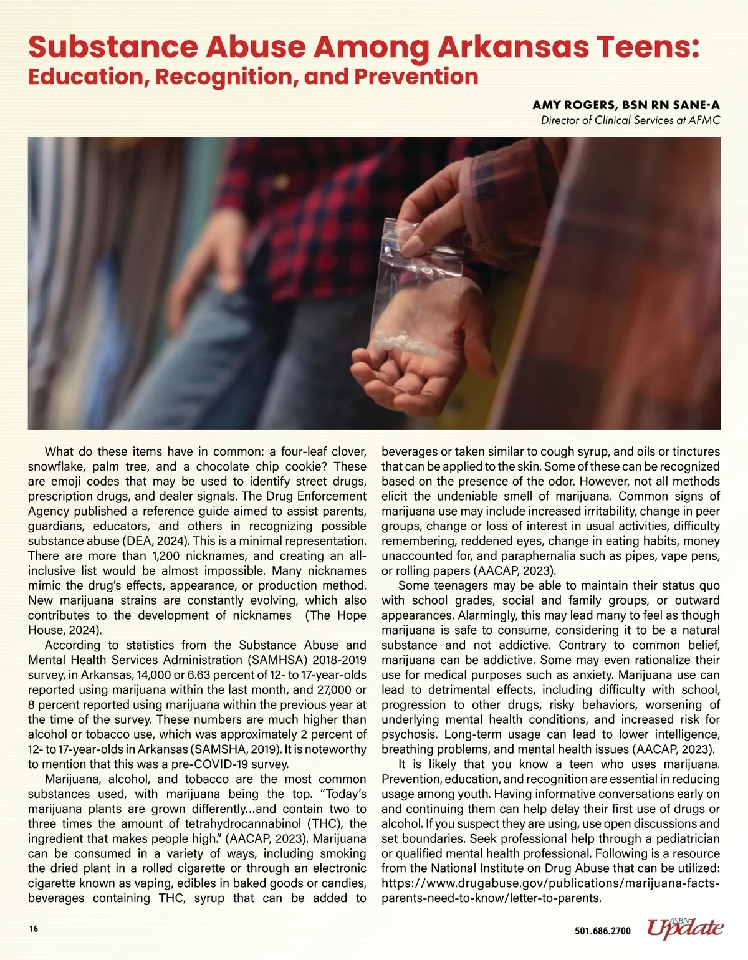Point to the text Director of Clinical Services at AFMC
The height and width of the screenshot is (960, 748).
(630, 120)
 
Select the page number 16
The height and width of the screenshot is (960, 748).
(33, 928)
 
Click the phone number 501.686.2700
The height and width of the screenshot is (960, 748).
(602, 931)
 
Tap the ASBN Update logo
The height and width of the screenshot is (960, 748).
(685, 928)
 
